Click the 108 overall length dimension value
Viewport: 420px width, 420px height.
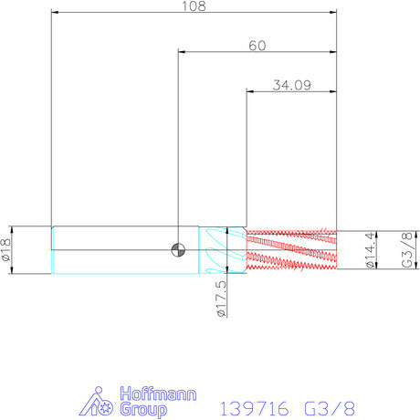(x=194, y=6)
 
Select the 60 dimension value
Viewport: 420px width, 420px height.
(x=257, y=46)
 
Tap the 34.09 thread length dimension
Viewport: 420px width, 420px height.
(x=291, y=85)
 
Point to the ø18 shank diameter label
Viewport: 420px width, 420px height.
(x=6, y=249)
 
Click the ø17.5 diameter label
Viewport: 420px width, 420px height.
(x=222, y=299)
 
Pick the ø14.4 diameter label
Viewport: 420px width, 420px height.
(x=371, y=250)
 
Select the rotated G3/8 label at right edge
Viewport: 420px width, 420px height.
(x=407, y=250)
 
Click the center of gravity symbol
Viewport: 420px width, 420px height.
(x=178, y=250)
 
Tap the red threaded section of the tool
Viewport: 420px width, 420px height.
(x=291, y=250)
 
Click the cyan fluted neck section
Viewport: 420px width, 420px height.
(x=223, y=250)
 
